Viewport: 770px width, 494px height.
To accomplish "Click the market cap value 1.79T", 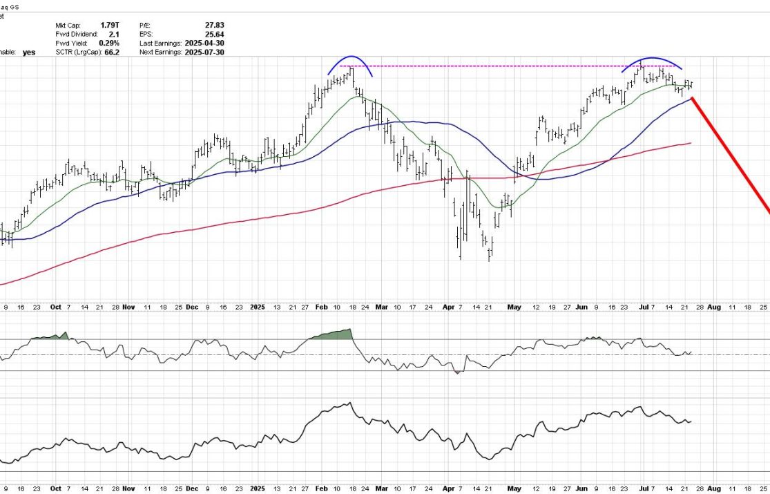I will click(110, 25).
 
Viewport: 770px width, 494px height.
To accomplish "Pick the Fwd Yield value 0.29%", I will click(108, 43).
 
